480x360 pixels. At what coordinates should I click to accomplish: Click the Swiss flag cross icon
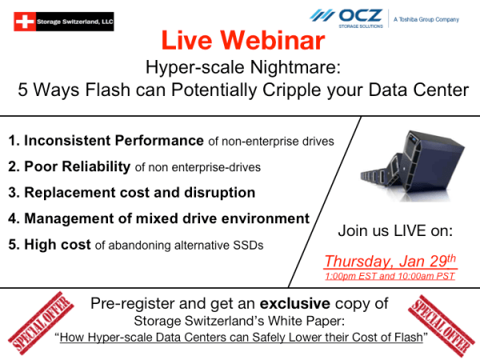(x=25, y=21)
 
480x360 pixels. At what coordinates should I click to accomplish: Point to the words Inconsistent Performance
(x=114, y=142)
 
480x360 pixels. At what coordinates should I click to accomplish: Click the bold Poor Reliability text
(x=77, y=166)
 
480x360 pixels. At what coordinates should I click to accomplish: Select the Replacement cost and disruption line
(x=139, y=193)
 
